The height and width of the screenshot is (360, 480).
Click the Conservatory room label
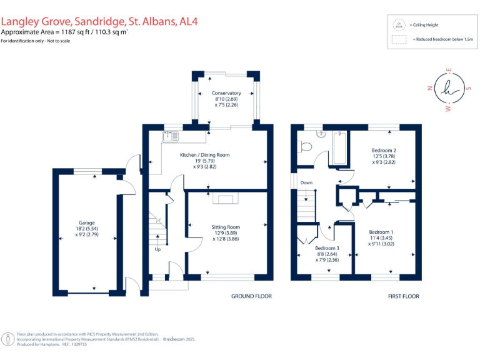point(226,93)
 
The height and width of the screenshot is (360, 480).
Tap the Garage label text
point(86,222)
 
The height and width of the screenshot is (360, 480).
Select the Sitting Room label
point(226,227)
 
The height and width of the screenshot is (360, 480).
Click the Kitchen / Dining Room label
point(205,154)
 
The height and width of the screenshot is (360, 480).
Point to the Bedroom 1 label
point(381,232)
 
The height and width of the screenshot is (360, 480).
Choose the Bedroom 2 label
point(384,151)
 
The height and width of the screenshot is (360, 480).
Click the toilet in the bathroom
point(306,147)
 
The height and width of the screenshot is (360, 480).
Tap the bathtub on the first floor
point(339,149)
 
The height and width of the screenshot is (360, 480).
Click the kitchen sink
point(171,136)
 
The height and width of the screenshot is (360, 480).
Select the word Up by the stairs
point(157,249)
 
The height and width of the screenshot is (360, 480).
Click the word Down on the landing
point(306,182)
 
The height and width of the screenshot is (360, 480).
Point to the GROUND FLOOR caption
point(251,296)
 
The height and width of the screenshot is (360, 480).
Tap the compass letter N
point(429,88)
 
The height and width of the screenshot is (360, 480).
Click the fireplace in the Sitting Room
point(226,199)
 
